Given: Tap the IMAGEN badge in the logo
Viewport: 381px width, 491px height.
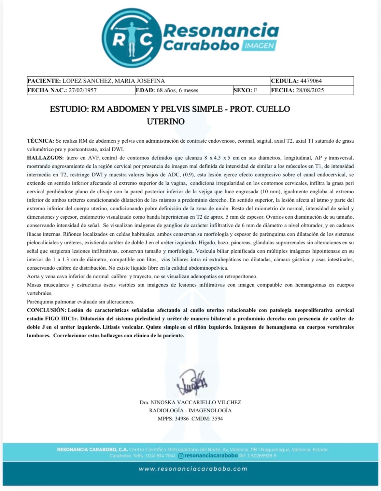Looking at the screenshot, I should click(259, 46).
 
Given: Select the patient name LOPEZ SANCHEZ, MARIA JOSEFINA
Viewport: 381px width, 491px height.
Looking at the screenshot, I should click(113, 81).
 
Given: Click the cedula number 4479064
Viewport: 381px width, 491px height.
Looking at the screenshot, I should click(311, 81).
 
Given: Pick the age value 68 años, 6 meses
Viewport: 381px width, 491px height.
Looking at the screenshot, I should click(177, 90).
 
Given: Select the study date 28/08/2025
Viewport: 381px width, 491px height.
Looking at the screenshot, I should click(310, 90).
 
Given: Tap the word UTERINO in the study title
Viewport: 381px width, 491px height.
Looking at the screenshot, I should click(165, 122).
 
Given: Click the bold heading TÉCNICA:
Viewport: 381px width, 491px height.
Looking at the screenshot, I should click(40, 141).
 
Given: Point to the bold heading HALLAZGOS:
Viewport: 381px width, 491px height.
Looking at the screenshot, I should click(45, 158).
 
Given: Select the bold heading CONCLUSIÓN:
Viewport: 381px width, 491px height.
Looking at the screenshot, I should click(47, 310).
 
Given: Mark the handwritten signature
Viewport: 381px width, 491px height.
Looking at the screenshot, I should click(192, 382).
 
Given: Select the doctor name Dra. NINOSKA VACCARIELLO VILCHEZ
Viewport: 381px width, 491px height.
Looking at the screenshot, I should click(190, 402).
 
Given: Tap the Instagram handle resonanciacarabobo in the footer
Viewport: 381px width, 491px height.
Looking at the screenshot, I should click(211, 456).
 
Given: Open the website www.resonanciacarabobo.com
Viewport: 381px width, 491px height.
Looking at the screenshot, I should click(193, 469).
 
